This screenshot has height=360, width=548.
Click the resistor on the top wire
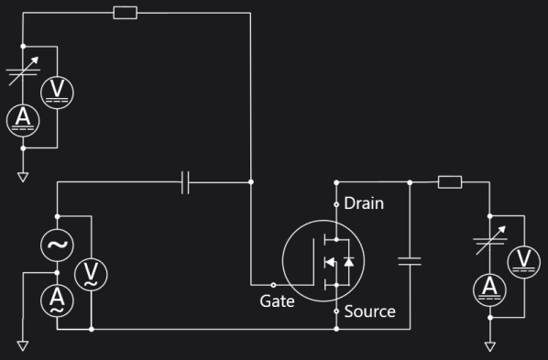[125, 13]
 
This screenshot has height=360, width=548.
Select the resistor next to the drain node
[449, 182]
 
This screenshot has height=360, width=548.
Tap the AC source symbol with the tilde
[58, 245]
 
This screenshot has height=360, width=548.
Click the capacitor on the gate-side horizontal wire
[186, 182]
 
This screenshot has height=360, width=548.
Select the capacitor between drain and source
[410, 261]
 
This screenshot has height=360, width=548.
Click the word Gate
[277, 300]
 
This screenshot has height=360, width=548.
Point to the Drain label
[364, 203]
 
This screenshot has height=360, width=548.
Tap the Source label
[369, 311]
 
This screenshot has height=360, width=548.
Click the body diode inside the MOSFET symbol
[348, 262]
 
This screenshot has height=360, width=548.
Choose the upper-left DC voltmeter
[57, 90]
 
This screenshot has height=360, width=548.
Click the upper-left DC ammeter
[22, 119]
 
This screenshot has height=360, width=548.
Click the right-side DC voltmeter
[523, 260]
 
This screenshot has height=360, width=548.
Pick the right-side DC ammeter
[489, 289]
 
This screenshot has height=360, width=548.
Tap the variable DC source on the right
[489, 244]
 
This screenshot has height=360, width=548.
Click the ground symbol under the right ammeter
[489, 345]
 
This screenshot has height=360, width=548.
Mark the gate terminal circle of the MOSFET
[273, 285]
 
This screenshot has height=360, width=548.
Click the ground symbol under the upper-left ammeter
[22, 176]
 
